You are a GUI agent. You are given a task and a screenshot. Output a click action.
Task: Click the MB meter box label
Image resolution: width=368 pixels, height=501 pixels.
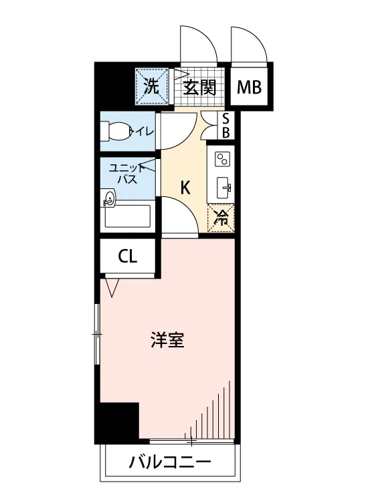(x=249, y=88)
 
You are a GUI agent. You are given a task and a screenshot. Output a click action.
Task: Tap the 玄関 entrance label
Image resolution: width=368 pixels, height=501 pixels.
(x=199, y=88)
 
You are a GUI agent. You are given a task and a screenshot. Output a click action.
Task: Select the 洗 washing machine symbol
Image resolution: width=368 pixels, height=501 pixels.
(x=152, y=86)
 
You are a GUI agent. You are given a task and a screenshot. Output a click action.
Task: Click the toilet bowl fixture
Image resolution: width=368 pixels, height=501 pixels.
(x=115, y=131)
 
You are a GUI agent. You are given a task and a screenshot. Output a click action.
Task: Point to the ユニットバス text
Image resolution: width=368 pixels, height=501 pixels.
(x=127, y=174)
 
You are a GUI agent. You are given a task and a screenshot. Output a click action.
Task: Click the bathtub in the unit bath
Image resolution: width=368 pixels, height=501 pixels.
(x=128, y=216)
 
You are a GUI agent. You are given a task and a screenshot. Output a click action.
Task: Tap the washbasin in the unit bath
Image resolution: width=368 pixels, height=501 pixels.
(x=108, y=198)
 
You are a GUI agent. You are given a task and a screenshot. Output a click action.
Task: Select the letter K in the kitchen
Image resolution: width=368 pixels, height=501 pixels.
(x=185, y=188)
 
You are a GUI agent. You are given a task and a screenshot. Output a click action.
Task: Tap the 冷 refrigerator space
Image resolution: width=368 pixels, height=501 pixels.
(x=221, y=218)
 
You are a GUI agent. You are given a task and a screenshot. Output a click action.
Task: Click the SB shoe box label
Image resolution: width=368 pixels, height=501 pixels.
(x=225, y=126)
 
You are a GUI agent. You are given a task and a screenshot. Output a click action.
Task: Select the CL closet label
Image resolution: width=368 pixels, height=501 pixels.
(x=128, y=257)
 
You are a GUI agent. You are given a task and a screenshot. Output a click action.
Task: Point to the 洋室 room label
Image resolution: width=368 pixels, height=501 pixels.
(x=167, y=339)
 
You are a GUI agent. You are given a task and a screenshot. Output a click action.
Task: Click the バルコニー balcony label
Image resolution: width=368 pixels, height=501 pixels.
(x=170, y=462)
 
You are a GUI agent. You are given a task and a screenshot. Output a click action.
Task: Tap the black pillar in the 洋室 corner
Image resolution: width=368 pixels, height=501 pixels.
(x=119, y=421)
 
